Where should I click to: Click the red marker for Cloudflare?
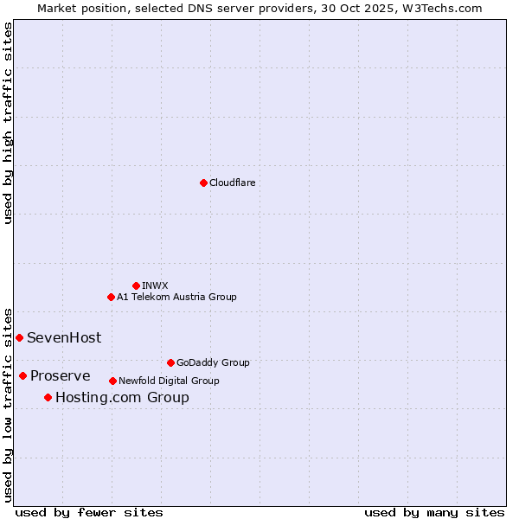click(203, 183)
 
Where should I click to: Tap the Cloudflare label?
click(232, 183)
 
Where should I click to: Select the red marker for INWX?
click(136, 285)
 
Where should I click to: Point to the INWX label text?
click(155, 285)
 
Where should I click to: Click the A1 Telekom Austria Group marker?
click(111, 297)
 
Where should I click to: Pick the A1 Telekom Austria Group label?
click(176, 297)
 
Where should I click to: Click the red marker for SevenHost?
click(19, 337)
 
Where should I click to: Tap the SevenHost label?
click(64, 338)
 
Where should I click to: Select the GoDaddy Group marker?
click(170, 362)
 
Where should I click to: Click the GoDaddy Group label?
click(213, 363)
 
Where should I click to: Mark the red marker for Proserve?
click(22, 375)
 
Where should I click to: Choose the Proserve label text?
click(61, 376)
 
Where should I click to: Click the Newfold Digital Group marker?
click(112, 381)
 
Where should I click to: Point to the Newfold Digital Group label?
click(169, 381)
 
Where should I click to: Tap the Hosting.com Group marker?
click(48, 397)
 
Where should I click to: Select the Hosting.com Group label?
click(122, 398)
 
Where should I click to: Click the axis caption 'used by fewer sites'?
click(89, 512)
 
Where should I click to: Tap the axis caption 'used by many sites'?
click(434, 512)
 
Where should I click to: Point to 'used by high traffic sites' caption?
click(8, 123)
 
